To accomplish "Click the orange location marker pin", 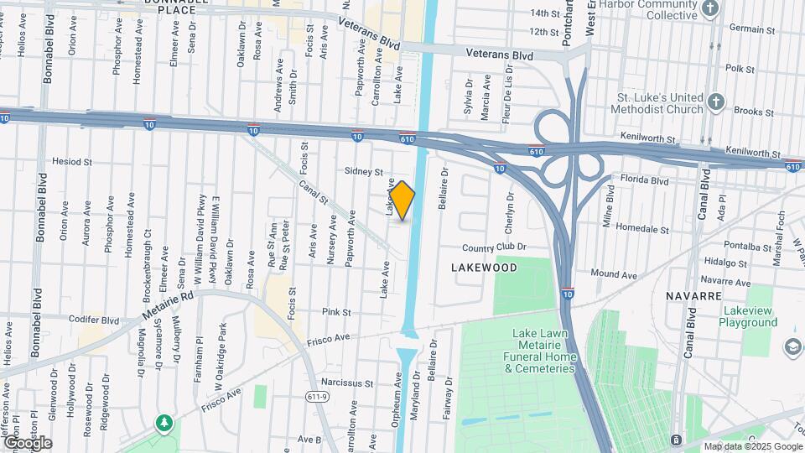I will [402, 200].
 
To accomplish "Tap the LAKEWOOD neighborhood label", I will [484, 267].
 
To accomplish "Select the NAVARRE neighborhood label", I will [693, 296].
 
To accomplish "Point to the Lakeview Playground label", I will [749, 316].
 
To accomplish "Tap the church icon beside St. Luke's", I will [715, 102].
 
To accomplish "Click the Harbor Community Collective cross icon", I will [711, 9].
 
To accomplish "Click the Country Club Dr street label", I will [494, 247].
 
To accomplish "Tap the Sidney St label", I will [364, 171].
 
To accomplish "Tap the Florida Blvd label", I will [645, 180].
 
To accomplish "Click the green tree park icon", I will [165, 420].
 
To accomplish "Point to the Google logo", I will [28, 442].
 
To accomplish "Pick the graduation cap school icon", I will [792, 346].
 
